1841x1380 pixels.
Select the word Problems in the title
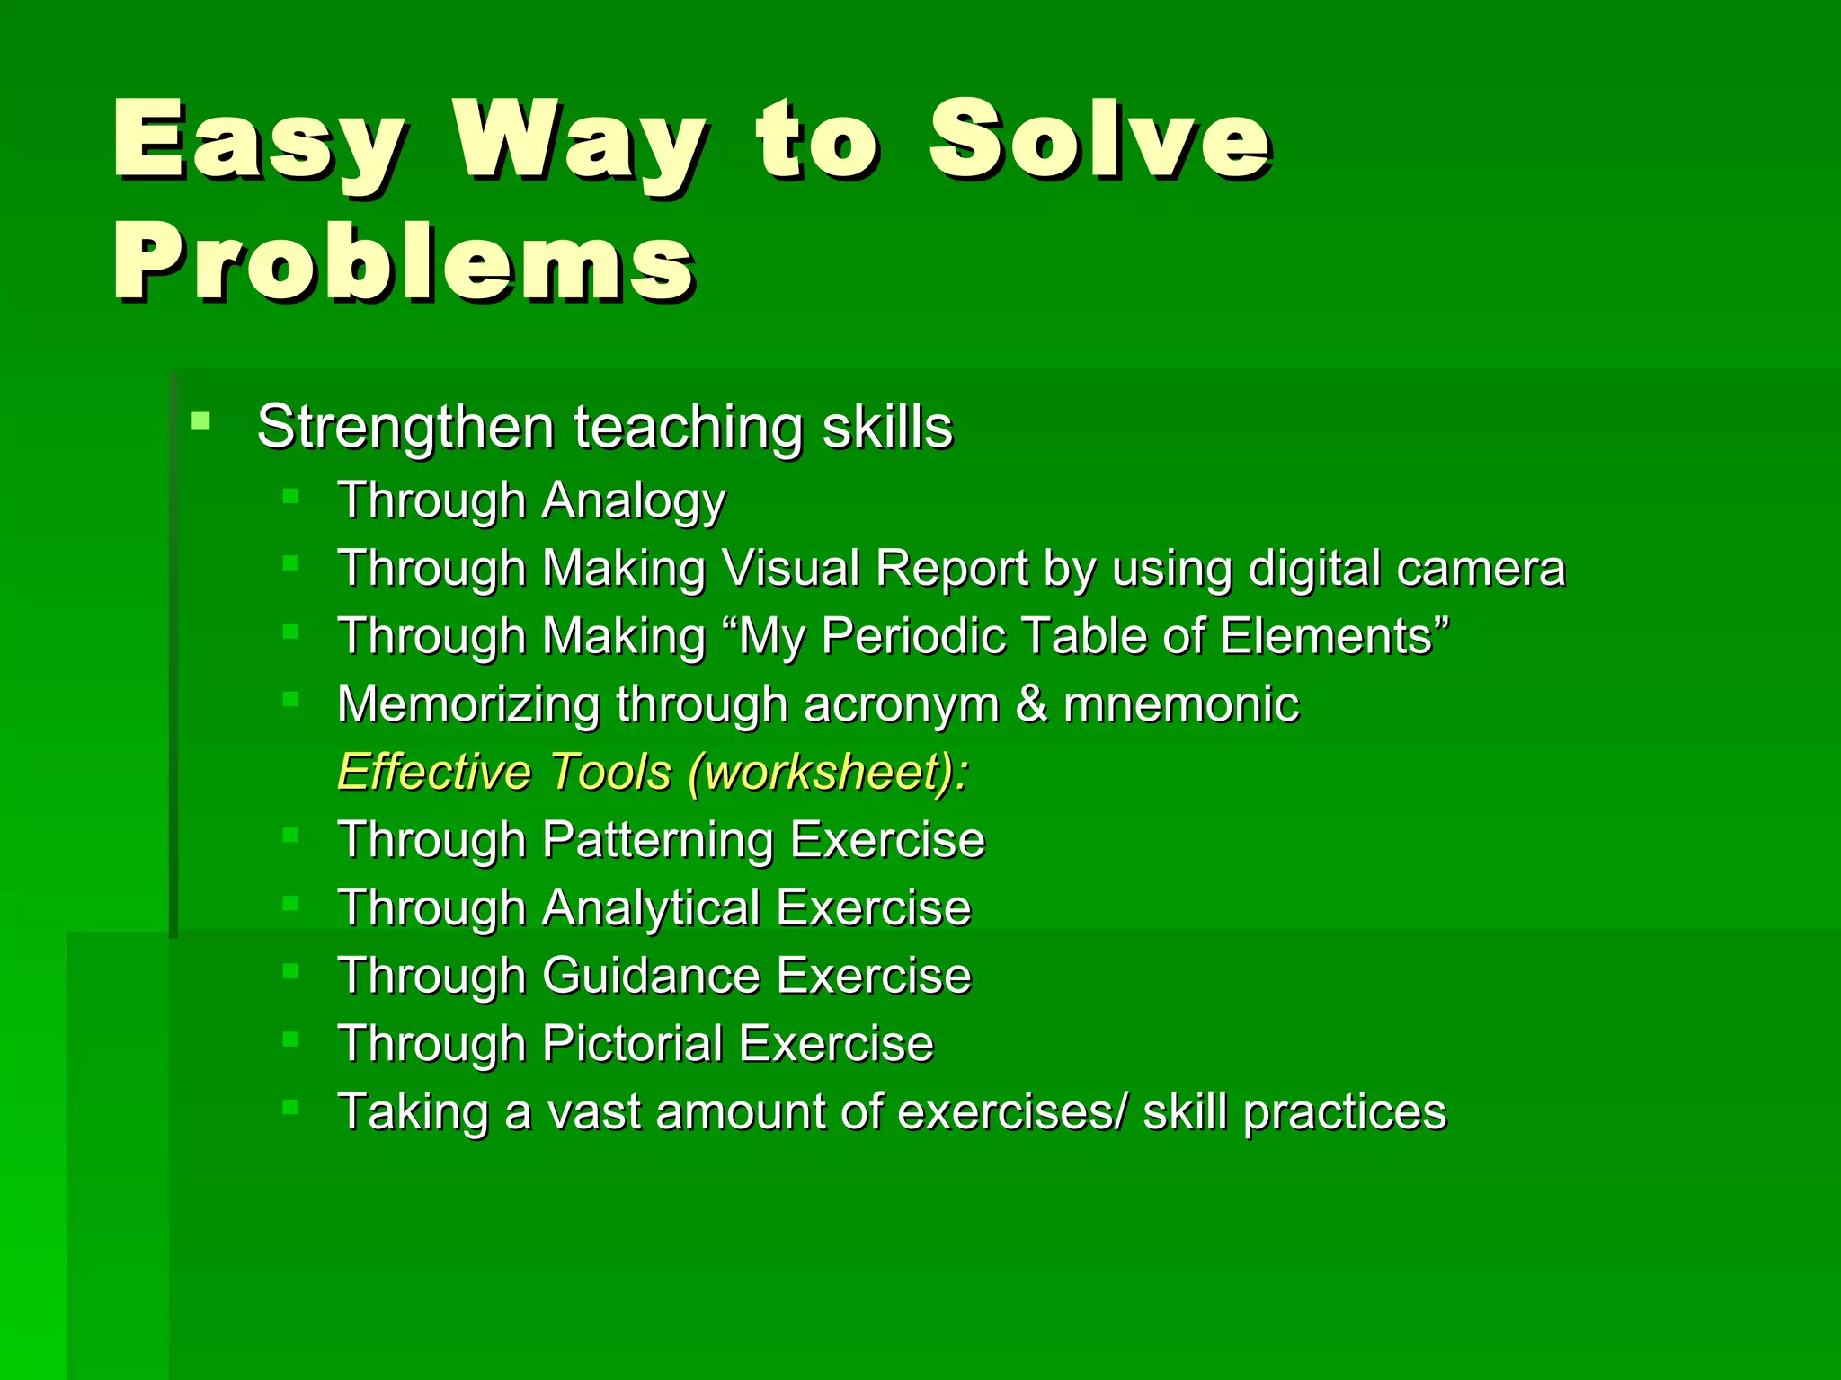[404, 262]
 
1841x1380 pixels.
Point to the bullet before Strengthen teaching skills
[201, 420]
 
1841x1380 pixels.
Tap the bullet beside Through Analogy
[289, 496]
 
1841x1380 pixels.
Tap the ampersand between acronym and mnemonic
[1031, 704]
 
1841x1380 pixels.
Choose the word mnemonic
[1181, 704]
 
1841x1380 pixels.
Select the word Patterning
[658, 841]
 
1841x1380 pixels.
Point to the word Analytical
[652, 908]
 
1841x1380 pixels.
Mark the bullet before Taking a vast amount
[289, 1107]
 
